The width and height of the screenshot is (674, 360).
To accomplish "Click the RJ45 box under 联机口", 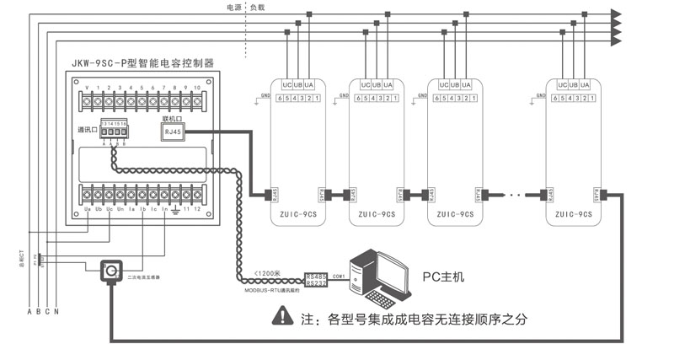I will pos(172,132).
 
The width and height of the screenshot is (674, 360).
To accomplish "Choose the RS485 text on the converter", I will pos(317,275).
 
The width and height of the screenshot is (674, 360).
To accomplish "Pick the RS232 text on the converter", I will pos(317,284).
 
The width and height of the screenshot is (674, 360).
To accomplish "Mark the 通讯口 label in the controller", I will pos(87,131).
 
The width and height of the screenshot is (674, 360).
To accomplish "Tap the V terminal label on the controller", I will pos(88,88).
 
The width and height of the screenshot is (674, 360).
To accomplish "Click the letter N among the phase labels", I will pos(56,313).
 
